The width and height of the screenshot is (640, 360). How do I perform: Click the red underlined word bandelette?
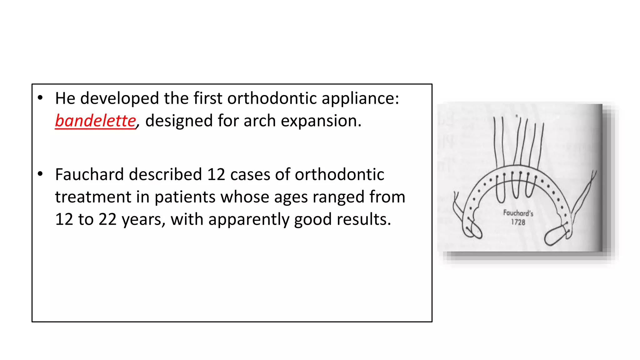click(x=95, y=121)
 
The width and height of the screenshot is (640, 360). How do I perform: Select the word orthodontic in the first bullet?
click(x=272, y=98)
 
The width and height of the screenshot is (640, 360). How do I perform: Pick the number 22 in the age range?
click(x=107, y=219)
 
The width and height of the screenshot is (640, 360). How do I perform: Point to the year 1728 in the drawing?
click(x=518, y=222)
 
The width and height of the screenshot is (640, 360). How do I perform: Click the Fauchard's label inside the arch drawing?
click(x=518, y=213)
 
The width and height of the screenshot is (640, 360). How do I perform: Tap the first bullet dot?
click(x=40, y=98)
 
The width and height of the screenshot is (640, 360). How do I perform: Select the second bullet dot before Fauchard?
click(x=40, y=174)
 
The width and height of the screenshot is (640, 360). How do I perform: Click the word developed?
click(x=119, y=98)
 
